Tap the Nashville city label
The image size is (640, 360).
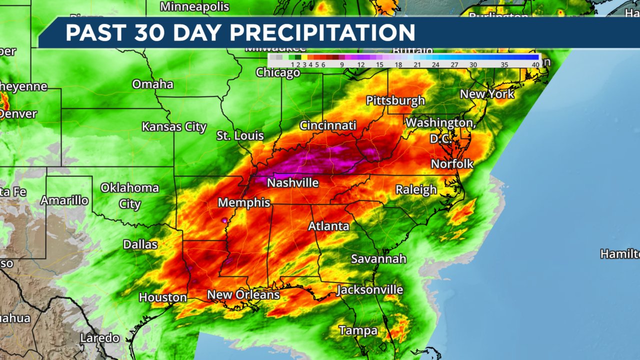pos(292,183)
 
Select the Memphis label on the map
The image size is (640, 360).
pos(244,203)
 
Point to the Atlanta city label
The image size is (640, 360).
pos(328,226)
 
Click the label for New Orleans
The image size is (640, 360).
pos(243,295)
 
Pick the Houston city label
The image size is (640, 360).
pos(163,297)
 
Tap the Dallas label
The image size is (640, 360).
pos(140,244)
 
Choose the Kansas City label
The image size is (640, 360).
pos(174,127)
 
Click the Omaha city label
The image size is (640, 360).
pos(152,84)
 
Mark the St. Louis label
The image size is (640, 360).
pos(240,136)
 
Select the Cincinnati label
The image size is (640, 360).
pos(328,125)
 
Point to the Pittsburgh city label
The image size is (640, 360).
pos(395,100)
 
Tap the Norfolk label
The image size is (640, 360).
pos(452,164)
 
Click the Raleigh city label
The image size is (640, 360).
pos(416,189)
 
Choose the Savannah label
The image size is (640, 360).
pos(378,259)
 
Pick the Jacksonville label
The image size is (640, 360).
pos(369,290)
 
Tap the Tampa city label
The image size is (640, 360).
pos(358,330)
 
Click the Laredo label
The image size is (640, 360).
pos(100,338)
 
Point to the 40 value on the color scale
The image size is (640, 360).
pos(535,64)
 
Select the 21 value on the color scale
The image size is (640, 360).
pos(417,64)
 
